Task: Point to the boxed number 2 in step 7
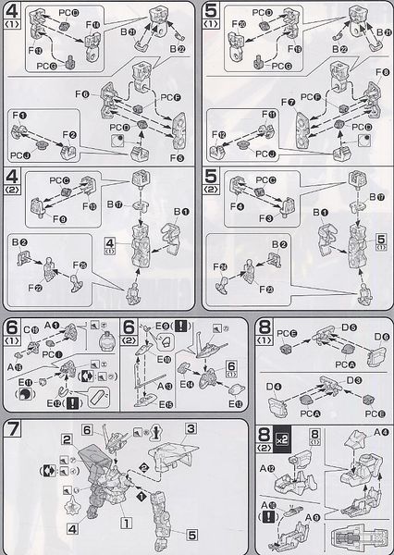point(68,438)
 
